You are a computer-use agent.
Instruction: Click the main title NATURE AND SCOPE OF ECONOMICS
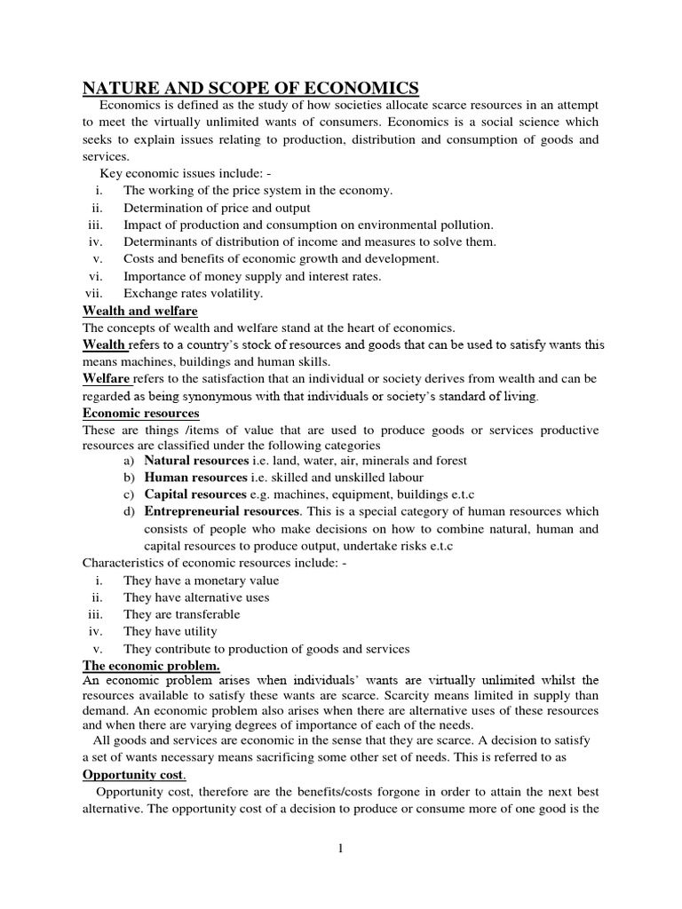(x=250, y=87)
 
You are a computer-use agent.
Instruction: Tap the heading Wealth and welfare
(x=139, y=311)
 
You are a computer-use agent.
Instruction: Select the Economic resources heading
(x=140, y=414)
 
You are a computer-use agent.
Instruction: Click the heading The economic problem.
(x=151, y=665)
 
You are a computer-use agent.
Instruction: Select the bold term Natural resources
(x=195, y=461)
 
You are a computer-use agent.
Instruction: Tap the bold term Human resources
(x=194, y=478)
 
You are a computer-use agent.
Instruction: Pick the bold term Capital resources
(x=194, y=494)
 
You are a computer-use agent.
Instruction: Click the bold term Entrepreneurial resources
(x=222, y=511)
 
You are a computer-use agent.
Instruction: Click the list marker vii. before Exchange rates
(x=94, y=293)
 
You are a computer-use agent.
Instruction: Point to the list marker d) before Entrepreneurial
(x=130, y=511)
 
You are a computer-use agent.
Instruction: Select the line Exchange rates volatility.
(x=193, y=293)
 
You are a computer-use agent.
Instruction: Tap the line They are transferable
(x=181, y=614)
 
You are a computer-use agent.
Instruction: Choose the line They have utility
(x=170, y=631)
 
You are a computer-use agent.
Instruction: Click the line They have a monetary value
(x=201, y=581)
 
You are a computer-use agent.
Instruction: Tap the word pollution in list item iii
(x=467, y=225)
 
